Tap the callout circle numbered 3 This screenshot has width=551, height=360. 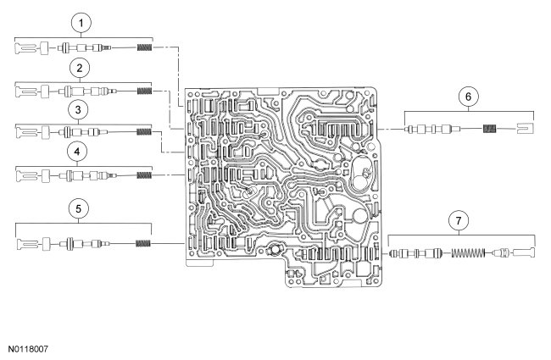click(79, 110)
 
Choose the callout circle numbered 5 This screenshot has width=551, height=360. click(79, 207)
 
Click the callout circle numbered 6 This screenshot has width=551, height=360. click(466, 96)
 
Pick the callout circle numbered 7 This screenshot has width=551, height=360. click(459, 221)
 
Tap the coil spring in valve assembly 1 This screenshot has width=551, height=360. click(144, 49)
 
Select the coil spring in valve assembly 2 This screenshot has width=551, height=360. click(144, 91)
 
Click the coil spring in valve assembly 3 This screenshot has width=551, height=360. click(144, 131)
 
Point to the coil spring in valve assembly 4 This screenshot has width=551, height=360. click(144, 174)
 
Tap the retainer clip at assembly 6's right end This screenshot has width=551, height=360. click(523, 129)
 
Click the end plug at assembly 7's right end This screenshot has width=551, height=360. click(524, 252)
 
